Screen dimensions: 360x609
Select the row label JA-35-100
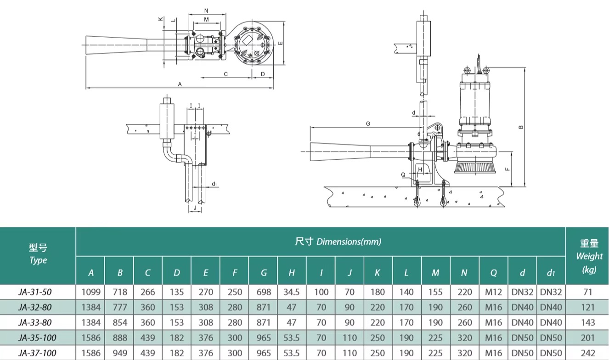click(x=38, y=338)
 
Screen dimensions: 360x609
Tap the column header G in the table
click(x=263, y=273)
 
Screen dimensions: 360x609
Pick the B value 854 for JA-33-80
click(x=119, y=323)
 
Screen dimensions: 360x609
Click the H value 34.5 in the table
click(x=292, y=292)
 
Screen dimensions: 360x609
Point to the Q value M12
click(x=493, y=292)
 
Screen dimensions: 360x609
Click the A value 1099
click(x=90, y=292)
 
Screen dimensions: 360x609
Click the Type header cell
click(x=38, y=254)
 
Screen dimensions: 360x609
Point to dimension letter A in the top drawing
click(x=180, y=84)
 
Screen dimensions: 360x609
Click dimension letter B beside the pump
click(x=521, y=127)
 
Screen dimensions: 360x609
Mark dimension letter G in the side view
click(x=368, y=124)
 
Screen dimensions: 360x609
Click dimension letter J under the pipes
click(x=195, y=208)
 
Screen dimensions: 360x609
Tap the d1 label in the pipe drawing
click(x=214, y=184)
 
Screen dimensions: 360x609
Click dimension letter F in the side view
click(x=507, y=169)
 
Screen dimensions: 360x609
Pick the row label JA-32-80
click(x=38, y=307)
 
